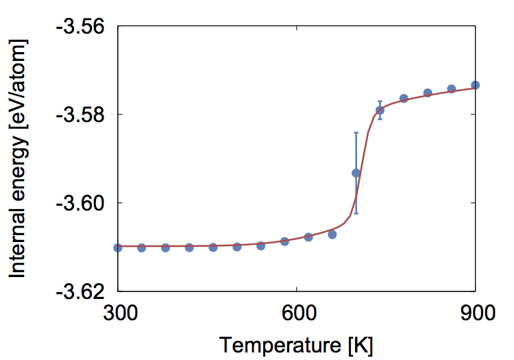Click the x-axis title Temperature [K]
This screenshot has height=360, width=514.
tap(296, 345)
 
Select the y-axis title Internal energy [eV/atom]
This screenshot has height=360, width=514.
tap(19, 159)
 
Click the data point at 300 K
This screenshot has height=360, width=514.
tap(117, 248)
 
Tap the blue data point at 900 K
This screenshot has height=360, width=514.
tap(476, 85)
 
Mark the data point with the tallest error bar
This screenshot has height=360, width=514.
tap(356, 173)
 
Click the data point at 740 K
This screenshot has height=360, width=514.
tap(380, 110)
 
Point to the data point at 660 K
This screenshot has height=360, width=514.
tap(332, 235)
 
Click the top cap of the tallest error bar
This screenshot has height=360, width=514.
tap(356, 132)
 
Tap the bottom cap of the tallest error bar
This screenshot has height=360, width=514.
tap(356, 214)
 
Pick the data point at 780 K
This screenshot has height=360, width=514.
tap(404, 99)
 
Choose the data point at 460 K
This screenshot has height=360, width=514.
tap(213, 247)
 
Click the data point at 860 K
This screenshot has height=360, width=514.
tap(452, 88)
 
